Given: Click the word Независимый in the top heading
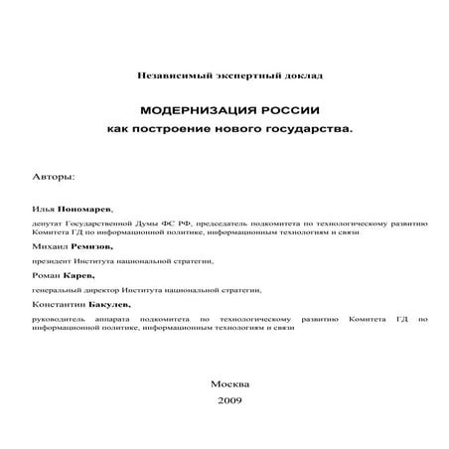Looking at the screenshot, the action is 163,75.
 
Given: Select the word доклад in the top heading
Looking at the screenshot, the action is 304,75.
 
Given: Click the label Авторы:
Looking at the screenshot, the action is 53,176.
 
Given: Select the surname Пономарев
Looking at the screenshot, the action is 83,211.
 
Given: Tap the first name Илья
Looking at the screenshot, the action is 43,211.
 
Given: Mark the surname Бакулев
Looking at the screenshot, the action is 109,304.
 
